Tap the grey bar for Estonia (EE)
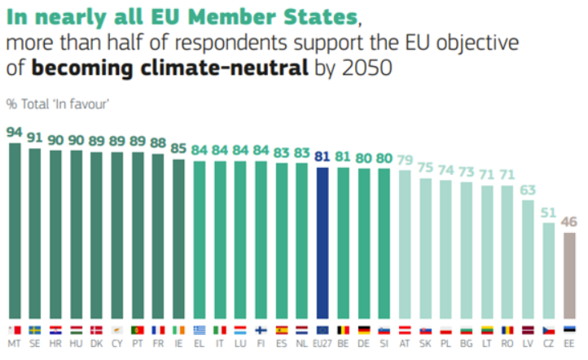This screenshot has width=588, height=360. coord(570,277)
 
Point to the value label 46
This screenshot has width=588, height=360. coord(570,221)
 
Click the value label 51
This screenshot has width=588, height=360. coord(549,212)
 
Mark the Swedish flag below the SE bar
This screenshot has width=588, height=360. coord(35,330)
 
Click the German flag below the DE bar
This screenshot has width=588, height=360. coord(363,330)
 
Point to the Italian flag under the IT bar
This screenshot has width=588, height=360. coord(220,330)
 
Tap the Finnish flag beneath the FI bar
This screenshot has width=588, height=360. coord(261,330)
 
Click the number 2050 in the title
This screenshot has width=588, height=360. coord(371,68)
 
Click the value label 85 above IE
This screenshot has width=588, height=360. coord(178,149)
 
